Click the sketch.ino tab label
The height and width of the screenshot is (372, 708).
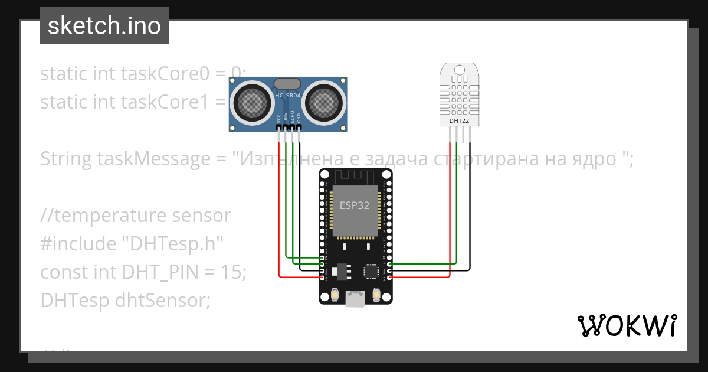104,26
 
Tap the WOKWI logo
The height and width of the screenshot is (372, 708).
626,325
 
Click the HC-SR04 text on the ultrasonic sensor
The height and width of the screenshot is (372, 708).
287,94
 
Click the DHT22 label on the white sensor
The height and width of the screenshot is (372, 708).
459,120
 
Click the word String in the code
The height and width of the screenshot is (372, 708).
66,159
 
